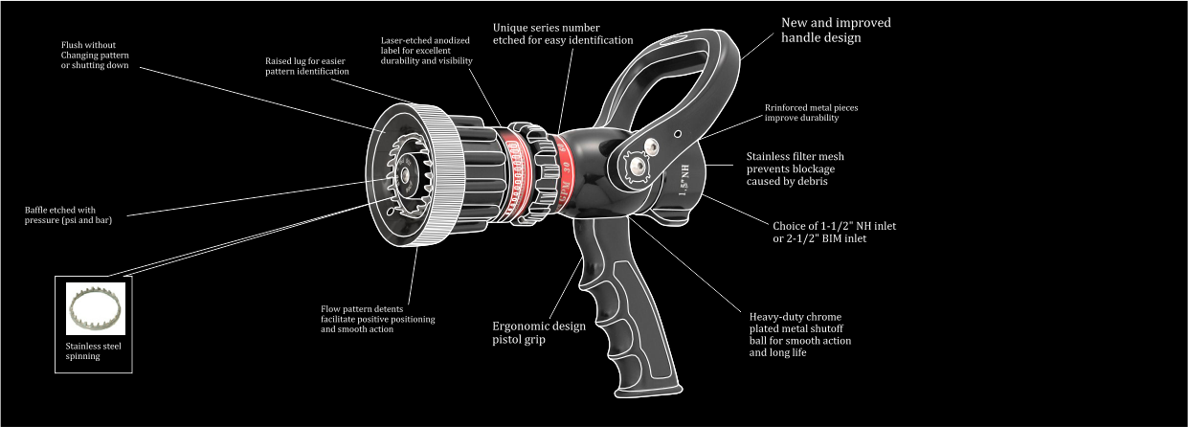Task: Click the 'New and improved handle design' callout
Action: click(x=836, y=31)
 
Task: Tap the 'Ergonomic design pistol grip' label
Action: click(x=539, y=332)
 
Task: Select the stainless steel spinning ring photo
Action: click(x=96, y=308)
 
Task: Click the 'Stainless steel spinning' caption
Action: click(x=94, y=351)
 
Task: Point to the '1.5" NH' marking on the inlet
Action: click(x=685, y=180)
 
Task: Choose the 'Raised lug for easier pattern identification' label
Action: click(x=307, y=66)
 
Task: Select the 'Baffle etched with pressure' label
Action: click(x=68, y=214)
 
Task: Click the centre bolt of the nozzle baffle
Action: click(x=406, y=174)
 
